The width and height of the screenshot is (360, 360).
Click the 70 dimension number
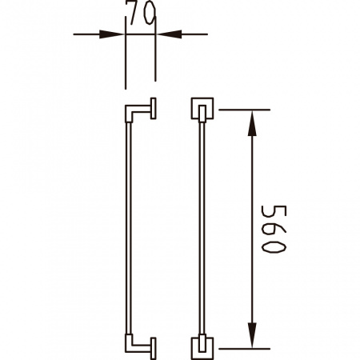point(142,14)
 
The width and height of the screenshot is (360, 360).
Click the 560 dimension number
point(274,229)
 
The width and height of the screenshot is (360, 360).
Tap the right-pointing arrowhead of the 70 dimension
point(111,34)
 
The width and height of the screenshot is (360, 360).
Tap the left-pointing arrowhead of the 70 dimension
point(169,34)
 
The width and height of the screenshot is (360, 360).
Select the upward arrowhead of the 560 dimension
point(252,123)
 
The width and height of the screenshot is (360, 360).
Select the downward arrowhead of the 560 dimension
point(252,335)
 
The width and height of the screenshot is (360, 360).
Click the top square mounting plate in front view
point(202,108)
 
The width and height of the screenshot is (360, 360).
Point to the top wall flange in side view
point(153,108)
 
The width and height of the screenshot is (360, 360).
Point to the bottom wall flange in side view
point(153,349)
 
